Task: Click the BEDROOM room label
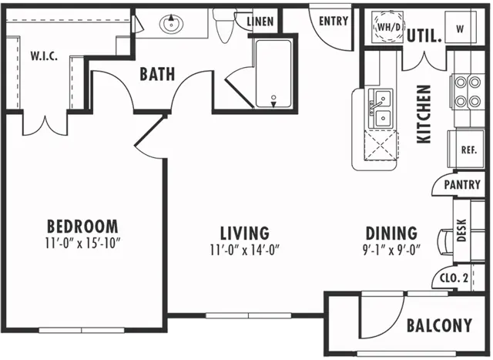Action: [x=82, y=226]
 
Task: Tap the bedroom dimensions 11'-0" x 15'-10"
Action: [x=82, y=243]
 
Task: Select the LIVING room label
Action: [x=245, y=233]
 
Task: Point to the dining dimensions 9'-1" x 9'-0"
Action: [x=391, y=251]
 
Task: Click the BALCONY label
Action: [x=439, y=325]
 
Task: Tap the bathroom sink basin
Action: [x=171, y=23]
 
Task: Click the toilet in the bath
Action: [x=224, y=25]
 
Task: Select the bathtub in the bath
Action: [x=273, y=74]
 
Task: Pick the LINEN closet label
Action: [x=260, y=22]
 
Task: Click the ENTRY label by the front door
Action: [x=334, y=21]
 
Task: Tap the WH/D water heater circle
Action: [x=388, y=27]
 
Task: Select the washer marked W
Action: [x=461, y=28]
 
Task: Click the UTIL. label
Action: [x=424, y=36]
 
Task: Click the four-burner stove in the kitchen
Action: [x=468, y=92]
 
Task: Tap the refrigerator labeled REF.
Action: [x=466, y=149]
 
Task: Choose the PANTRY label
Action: [x=462, y=184]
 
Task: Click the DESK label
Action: [x=461, y=230]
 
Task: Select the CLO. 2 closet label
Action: [x=454, y=278]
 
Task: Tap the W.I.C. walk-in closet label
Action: [x=44, y=56]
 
